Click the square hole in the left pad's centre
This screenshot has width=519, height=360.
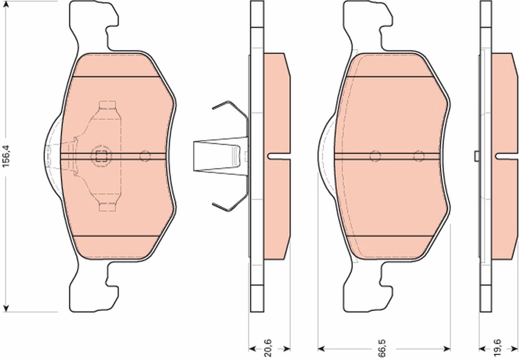pos(101,157)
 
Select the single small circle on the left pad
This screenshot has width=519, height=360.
pos(145,156)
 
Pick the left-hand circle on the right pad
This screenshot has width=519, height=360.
pos(375,156)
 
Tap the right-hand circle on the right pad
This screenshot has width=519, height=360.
pos(419,156)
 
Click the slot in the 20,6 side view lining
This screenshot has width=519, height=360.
pos(279,157)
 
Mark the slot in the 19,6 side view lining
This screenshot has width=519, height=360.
pos(506,156)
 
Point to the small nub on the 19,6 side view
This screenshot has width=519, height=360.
pos(476,156)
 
